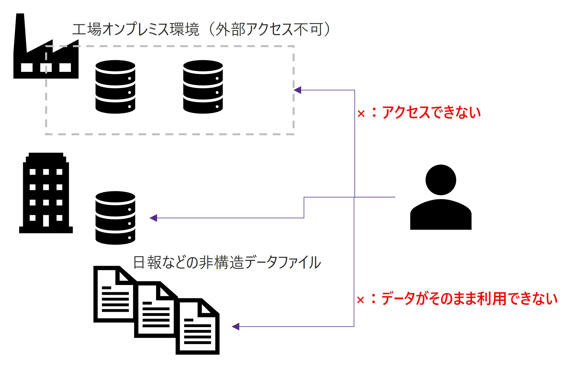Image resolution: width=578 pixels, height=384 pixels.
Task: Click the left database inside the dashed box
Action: (115, 87)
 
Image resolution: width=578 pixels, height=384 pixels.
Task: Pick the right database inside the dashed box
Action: (203, 87)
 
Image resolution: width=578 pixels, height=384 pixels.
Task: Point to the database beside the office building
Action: (115, 218)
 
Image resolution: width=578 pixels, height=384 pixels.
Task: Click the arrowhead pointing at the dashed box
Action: (298, 90)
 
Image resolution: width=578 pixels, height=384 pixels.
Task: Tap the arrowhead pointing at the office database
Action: (154, 218)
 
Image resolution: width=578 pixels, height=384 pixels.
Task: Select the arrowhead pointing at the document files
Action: (236, 326)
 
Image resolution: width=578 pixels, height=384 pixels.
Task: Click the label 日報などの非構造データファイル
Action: (227, 263)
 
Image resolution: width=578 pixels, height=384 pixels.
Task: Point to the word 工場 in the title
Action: (87, 30)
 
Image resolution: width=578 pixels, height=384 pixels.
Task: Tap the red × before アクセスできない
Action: (361, 114)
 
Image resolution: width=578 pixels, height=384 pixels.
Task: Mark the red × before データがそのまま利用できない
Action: (360, 300)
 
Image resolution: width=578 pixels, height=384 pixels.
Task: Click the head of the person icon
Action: (441, 180)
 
